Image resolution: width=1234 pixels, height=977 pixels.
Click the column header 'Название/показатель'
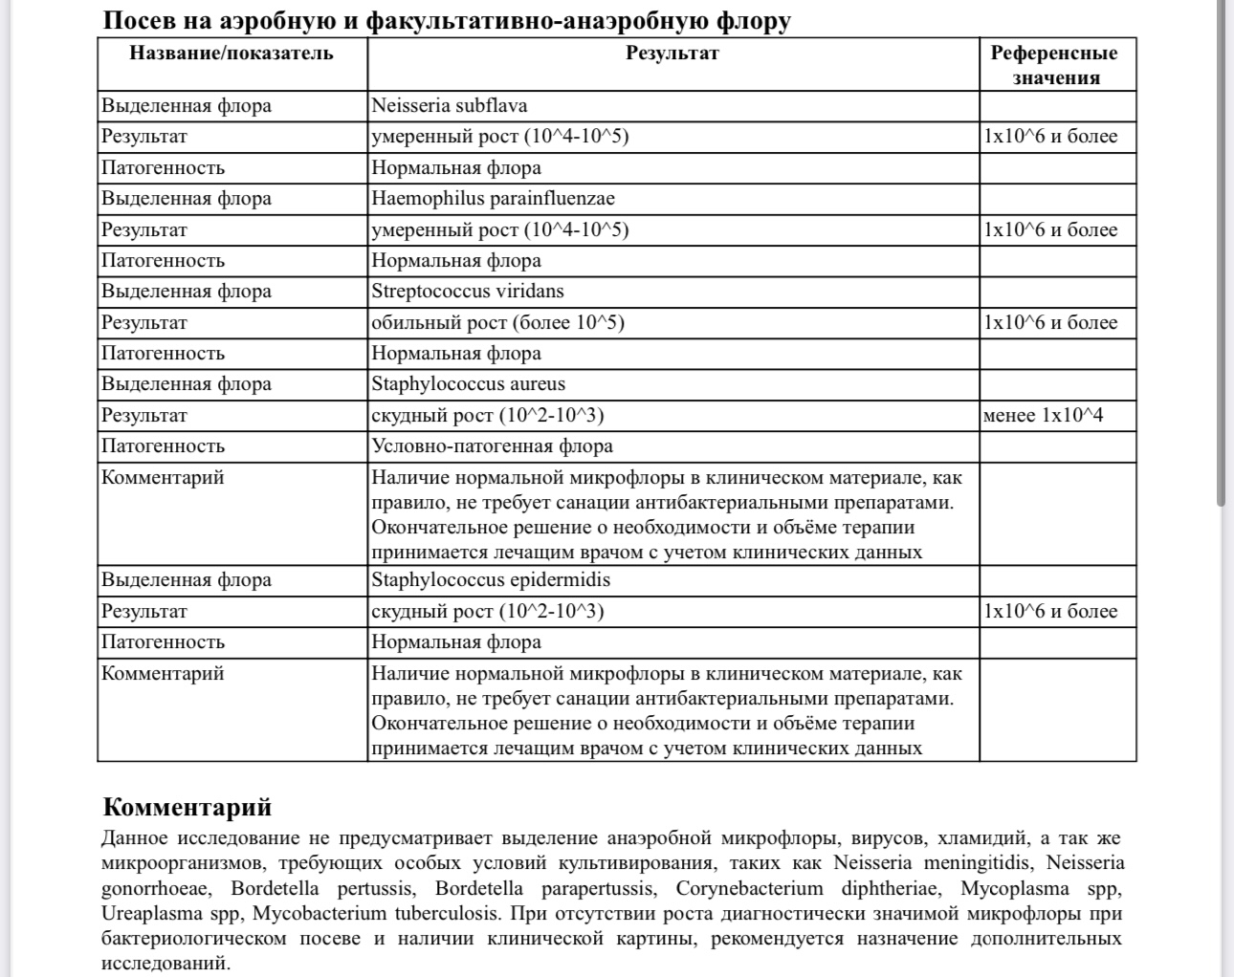[231, 53]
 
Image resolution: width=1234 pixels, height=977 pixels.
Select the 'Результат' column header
[672, 53]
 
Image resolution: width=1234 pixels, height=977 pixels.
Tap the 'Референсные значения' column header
[1055, 65]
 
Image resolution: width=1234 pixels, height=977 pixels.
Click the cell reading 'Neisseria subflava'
[449, 105]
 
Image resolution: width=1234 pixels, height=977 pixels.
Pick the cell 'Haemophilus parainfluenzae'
[493, 199]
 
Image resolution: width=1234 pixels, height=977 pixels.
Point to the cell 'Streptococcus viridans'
[467, 292]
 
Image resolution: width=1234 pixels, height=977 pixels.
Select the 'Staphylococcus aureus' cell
[468, 384]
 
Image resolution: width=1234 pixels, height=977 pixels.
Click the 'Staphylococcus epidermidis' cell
[490, 580]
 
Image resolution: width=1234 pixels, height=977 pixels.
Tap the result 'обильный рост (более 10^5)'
[497, 322]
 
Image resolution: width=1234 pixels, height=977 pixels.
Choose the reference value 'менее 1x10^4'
[1043, 416]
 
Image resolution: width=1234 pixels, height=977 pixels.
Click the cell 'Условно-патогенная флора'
[492, 446]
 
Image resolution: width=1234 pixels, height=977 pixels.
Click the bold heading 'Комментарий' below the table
[187, 807]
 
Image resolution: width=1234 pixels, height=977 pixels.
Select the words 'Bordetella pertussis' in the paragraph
[314, 888]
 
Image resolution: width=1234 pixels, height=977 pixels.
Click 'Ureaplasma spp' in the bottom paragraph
[172, 913]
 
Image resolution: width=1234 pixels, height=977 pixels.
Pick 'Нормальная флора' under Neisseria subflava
[456, 168]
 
